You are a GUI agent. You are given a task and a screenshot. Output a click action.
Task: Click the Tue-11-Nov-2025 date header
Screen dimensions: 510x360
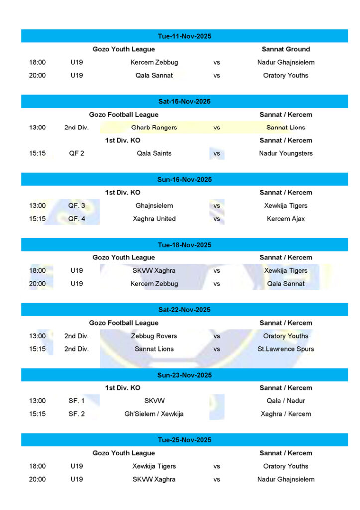pyautogui.click(x=184, y=36)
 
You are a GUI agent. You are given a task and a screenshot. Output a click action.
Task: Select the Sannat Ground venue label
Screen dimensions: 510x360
pyautogui.click(x=286, y=49)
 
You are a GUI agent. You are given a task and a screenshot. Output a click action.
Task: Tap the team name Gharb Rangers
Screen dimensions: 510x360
pyautogui.click(x=154, y=127)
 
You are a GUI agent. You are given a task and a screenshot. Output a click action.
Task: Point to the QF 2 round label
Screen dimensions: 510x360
pyautogui.click(x=76, y=153)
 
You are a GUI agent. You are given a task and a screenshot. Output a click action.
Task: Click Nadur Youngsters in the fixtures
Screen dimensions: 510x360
pyautogui.click(x=286, y=153)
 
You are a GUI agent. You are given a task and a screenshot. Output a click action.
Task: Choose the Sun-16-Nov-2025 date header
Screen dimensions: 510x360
pyautogui.click(x=184, y=180)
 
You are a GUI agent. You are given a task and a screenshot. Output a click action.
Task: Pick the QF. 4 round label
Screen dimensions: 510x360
pyautogui.click(x=76, y=219)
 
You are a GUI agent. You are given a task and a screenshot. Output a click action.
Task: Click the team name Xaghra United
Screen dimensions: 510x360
pyautogui.click(x=154, y=219)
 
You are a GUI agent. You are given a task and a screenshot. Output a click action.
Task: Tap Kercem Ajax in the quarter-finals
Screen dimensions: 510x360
pyautogui.click(x=286, y=219)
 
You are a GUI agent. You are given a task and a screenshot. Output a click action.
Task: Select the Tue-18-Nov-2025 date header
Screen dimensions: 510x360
pyautogui.click(x=184, y=245)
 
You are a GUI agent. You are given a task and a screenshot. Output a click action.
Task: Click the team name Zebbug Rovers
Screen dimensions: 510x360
pyautogui.click(x=154, y=336)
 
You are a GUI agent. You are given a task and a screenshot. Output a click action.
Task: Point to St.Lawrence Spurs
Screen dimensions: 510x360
pyautogui.click(x=286, y=349)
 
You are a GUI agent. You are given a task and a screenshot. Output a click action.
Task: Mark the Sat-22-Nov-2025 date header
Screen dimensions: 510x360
pyautogui.click(x=184, y=310)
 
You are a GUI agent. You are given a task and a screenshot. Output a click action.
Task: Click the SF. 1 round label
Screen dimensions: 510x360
pyautogui.click(x=76, y=401)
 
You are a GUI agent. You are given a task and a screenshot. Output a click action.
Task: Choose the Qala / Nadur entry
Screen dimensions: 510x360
pyautogui.click(x=286, y=401)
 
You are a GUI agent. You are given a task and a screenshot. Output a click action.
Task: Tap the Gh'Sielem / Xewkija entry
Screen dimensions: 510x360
pyautogui.click(x=154, y=414)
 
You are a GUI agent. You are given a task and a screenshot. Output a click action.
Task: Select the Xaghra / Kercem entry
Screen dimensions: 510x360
pyautogui.click(x=286, y=414)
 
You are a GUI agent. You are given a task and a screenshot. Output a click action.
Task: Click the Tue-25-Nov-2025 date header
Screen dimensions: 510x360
pyautogui.click(x=184, y=440)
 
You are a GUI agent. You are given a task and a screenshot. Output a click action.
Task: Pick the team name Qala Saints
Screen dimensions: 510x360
pyautogui.click(x=154, y=153)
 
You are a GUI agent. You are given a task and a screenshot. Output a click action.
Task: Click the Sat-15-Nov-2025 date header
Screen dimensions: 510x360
pyautogui.click(x=184, y=102)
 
